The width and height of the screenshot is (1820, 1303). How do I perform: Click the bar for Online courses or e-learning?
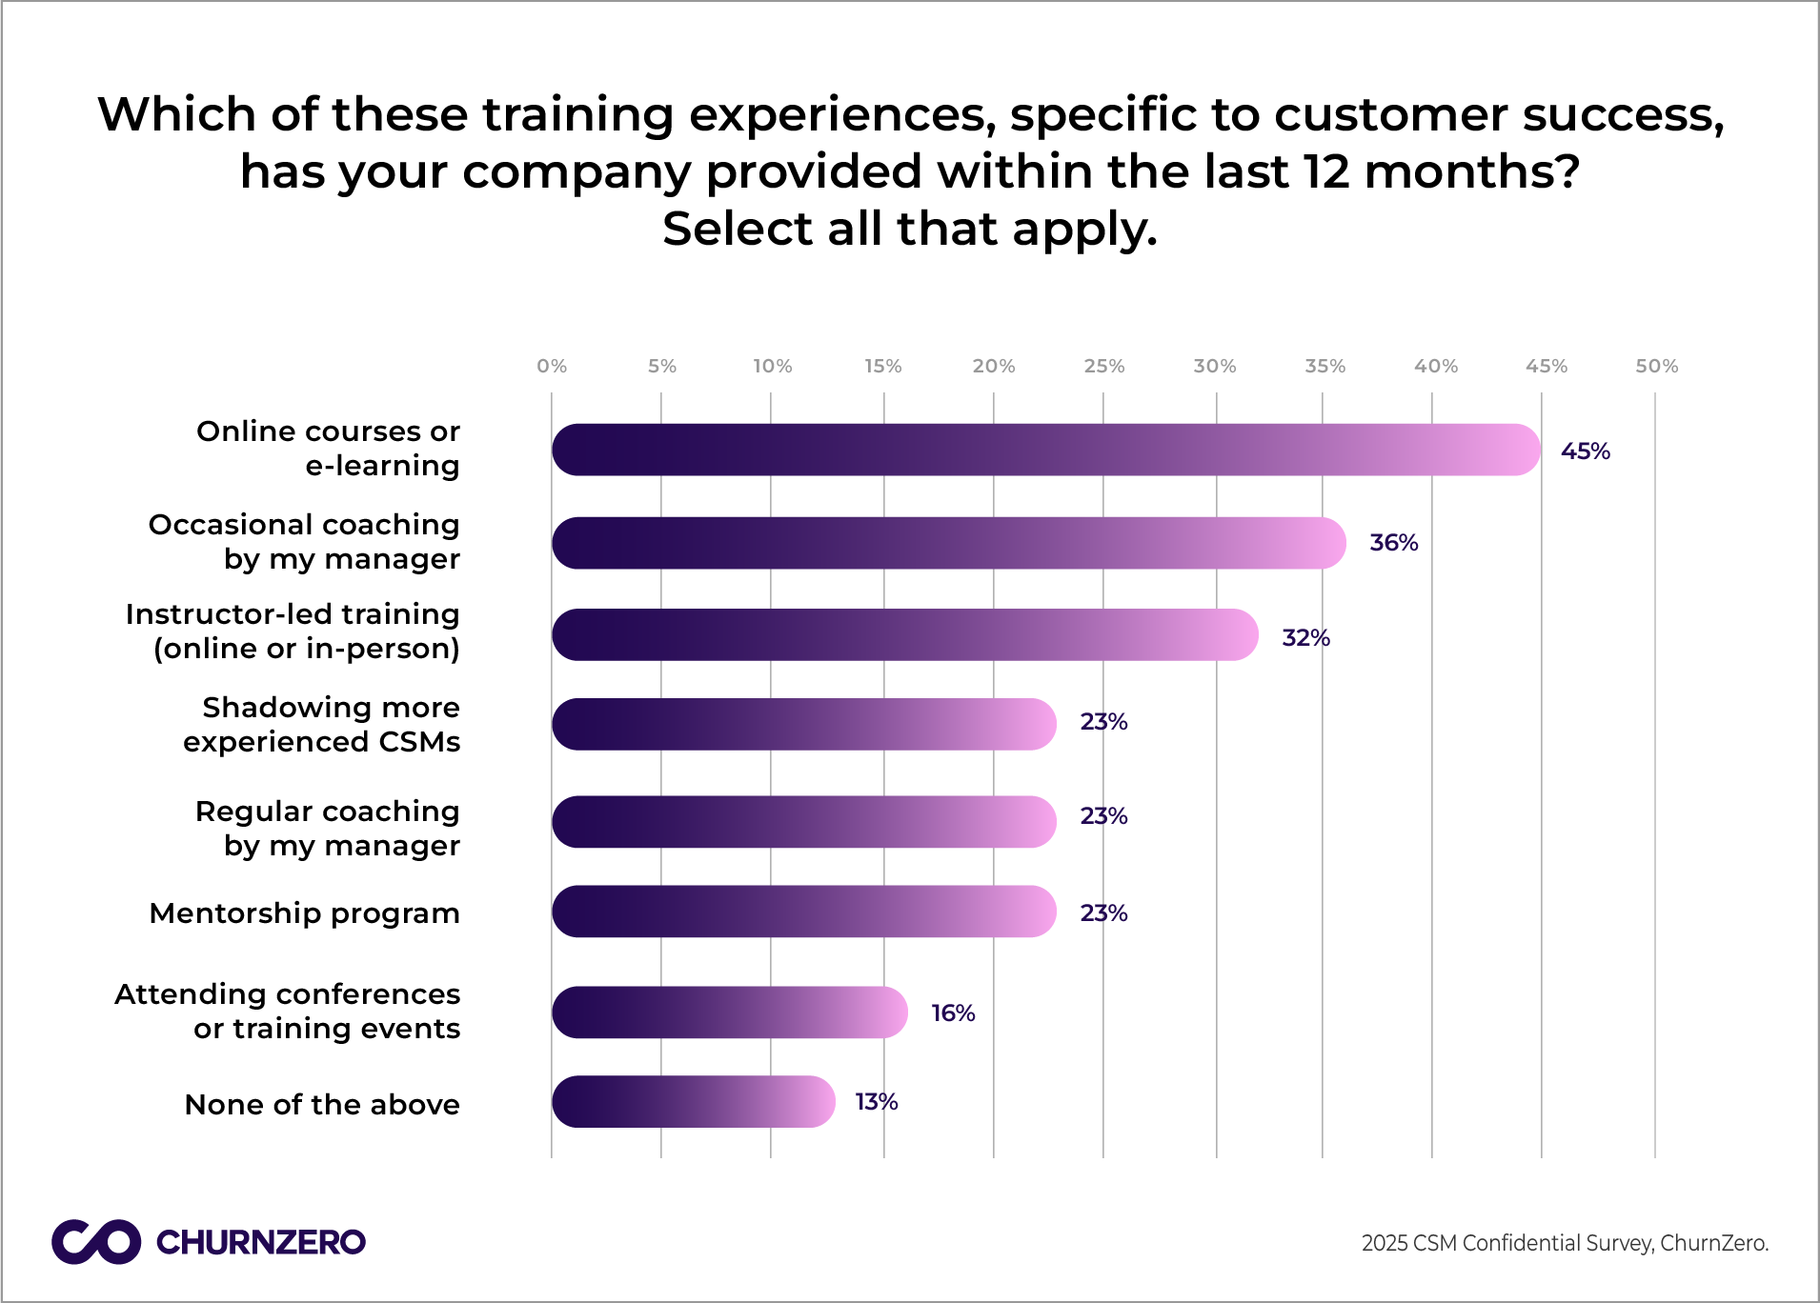(x=1045, y=450)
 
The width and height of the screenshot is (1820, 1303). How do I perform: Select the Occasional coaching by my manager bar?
(x=948, y=543)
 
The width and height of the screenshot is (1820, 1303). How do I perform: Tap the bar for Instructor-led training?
(x=904, y=635)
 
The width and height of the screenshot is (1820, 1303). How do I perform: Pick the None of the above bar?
(x=693, y=1102)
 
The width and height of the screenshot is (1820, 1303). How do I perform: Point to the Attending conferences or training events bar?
(x=729, y=1012)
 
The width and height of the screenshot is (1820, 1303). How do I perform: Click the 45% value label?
(x=1585, y=451)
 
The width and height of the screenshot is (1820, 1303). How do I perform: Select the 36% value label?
(x=1393, y=543)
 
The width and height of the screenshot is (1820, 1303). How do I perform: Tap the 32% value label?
(x=1305, y=638)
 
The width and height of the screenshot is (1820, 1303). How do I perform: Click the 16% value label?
(x=953, y=1013)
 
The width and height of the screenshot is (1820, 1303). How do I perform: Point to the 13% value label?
(x=877, y=1102)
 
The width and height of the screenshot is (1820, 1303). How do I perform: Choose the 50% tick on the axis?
(x=1656, y=367)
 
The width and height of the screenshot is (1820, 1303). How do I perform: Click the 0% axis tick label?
(x=552, y=367)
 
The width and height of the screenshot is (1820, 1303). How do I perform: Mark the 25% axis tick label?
(x=1103, y=367)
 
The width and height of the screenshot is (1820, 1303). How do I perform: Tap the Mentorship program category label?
(x=305, y=913)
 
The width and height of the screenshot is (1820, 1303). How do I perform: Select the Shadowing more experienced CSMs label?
(x=322, y=725)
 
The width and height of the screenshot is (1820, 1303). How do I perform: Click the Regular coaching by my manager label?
(x=328, y=829)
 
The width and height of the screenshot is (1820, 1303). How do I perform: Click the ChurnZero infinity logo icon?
(x=96, y=1242)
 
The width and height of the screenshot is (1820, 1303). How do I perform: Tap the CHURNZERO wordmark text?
(x=260, y=1242)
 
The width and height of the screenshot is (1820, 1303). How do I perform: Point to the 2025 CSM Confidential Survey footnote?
(x=1565, y=1243)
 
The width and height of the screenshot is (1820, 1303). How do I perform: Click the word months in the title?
(x=1463, y=172)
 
